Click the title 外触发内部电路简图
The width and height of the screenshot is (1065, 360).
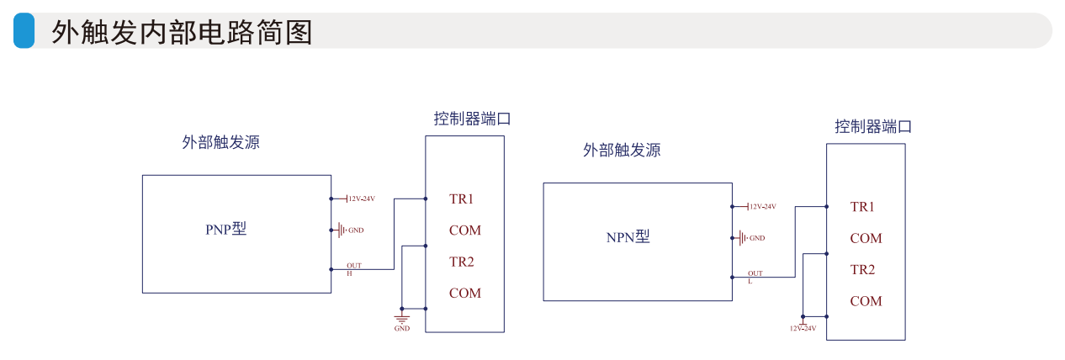182,32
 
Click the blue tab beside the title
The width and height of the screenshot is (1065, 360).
24,31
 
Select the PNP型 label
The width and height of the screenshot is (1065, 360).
226,229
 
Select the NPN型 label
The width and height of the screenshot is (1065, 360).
628,237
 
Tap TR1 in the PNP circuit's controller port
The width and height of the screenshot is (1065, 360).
462,199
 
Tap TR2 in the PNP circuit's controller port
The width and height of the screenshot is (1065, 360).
462,262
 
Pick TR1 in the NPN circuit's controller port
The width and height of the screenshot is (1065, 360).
862,207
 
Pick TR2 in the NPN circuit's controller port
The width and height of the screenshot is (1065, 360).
862,269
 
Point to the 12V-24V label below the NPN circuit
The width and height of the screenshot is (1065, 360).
803,328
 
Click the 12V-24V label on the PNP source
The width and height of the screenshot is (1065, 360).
360,199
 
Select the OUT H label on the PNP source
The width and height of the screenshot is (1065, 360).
353,269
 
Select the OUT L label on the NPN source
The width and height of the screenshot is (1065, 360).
755,277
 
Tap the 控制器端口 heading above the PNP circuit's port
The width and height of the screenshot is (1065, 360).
472,119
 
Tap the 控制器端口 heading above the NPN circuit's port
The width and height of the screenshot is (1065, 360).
873,127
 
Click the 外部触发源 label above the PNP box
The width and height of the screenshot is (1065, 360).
220,142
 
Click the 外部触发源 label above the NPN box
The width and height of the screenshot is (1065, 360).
622,151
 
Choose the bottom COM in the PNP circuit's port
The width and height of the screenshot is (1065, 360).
465,293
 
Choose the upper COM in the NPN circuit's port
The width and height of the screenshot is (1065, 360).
866,238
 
